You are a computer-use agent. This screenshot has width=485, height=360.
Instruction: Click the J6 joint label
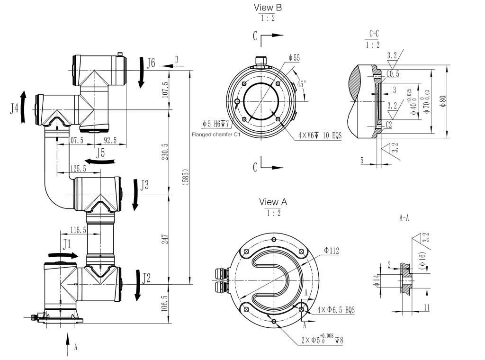tap(150, 63)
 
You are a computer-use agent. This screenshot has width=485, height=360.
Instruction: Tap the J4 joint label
tap(15, 109)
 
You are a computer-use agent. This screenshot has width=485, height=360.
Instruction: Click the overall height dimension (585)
tap(186, 177)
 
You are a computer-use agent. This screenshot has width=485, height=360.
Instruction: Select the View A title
tap(273, 202)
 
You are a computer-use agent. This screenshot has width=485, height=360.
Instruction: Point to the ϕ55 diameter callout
tap(294, 58)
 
